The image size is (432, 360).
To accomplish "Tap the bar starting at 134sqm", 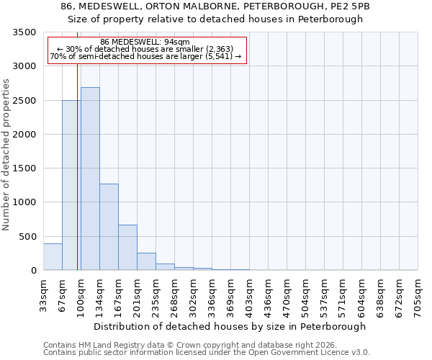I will point(109,227).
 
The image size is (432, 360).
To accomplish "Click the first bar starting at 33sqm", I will point(53,257).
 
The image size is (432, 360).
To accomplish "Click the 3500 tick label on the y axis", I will point(24,32).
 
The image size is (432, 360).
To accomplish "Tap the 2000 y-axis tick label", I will point(24,135).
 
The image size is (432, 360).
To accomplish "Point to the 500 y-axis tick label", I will point(27,237).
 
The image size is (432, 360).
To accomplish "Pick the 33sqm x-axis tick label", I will point(43,294).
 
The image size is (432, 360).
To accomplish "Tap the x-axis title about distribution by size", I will point(230,326).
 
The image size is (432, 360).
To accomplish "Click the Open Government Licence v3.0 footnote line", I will point(207,353).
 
